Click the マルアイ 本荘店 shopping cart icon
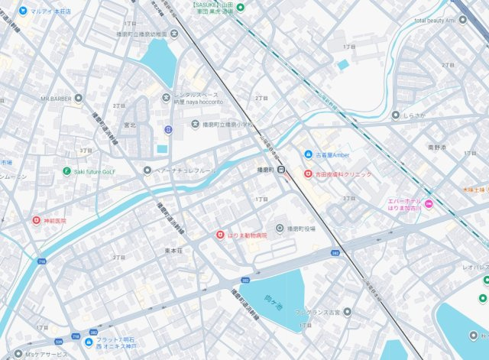point(26,11)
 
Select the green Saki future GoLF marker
point(67,171)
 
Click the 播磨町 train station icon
point(281,169)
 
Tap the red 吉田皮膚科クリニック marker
point(308,174)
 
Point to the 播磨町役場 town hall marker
point(280,228)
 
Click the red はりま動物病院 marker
point(220,235)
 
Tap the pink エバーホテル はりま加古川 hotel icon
point(429,203)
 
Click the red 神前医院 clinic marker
point(35,220)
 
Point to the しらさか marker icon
point(395,115)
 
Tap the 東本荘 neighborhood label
point(174,251)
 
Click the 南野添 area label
point(436,146)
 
